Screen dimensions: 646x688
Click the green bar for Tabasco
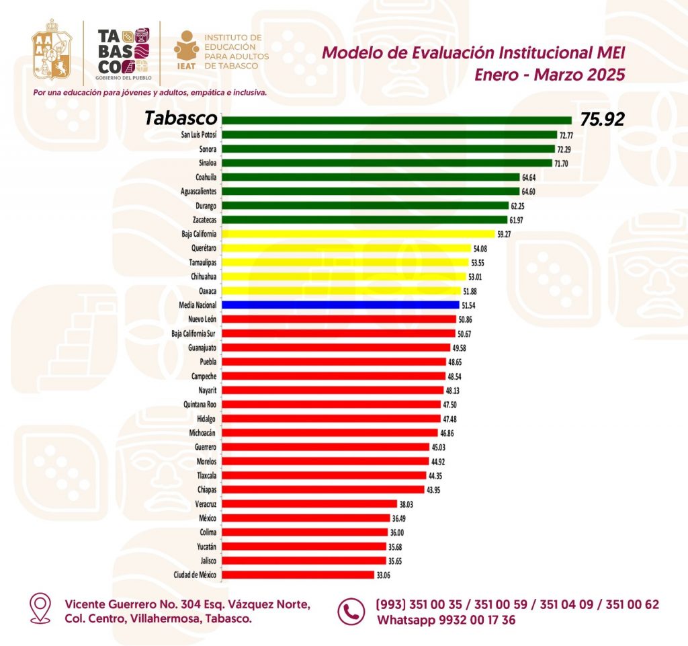click(x=396, y=120)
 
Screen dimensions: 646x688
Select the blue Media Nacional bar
click(x=340, y=305)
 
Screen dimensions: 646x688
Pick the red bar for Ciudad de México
click(x=298, y=575)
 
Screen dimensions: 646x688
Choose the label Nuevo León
click(x=200, y=319)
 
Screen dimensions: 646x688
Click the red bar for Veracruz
click(x=309, y=503)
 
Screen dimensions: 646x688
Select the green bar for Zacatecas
click(x=364, y=220)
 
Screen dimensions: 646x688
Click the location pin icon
click(x=41, y=608)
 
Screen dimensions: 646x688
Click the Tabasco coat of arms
click(x=52, y=51)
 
